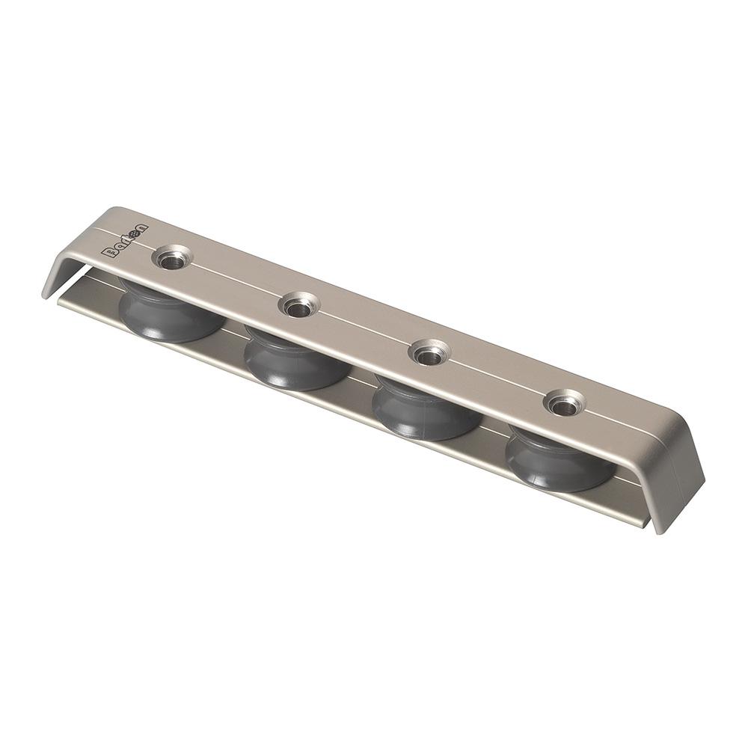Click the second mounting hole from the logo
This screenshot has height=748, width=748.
(298, 305)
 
